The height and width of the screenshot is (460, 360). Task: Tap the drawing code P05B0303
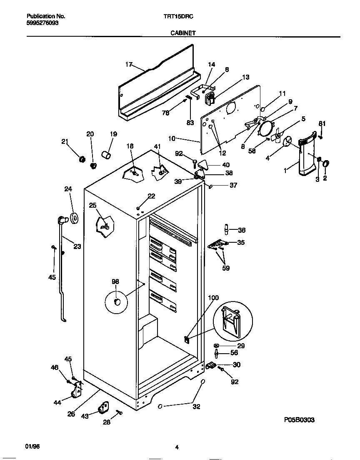(x=298, y=420)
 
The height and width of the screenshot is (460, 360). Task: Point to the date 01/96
(x=32, y=447)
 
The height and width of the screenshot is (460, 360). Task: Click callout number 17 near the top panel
(x=129, y=64)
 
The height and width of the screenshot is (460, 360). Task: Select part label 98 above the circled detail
(x=115, y=282)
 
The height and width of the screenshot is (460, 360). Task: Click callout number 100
(x=213, y=297)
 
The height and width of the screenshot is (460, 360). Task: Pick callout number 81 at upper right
(x=322, y=123)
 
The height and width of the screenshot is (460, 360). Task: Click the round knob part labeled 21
(x=82, y=159)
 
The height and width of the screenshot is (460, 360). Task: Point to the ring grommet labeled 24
(x=75, y=217)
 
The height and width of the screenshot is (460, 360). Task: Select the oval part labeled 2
(x=326, y=162)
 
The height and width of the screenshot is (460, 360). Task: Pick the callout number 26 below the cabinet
(x=71, y=414)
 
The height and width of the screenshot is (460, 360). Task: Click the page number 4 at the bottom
(x=177, y=447)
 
